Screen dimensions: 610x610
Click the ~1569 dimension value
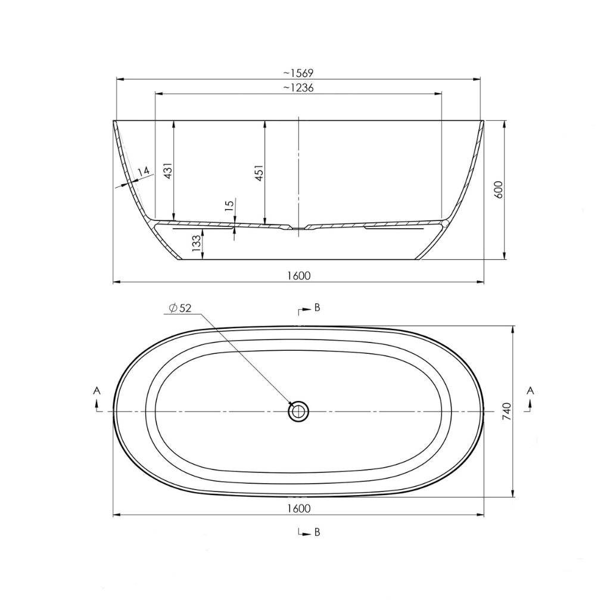298,73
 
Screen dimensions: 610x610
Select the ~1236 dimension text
298,88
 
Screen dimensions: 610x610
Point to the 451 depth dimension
259,173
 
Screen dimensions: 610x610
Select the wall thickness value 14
143,172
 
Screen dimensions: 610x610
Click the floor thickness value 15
229,207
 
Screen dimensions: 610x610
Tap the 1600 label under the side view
298,275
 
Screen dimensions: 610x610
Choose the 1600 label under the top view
298,508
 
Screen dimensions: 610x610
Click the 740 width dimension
507,412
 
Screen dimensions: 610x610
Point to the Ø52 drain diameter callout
180,307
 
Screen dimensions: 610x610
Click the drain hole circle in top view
298,411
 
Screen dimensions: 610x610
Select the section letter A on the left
97,390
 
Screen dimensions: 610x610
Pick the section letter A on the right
531,390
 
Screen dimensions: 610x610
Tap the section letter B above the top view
317,307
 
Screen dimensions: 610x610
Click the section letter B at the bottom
317,532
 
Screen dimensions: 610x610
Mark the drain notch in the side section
298,228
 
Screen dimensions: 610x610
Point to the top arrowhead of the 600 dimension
505,124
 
